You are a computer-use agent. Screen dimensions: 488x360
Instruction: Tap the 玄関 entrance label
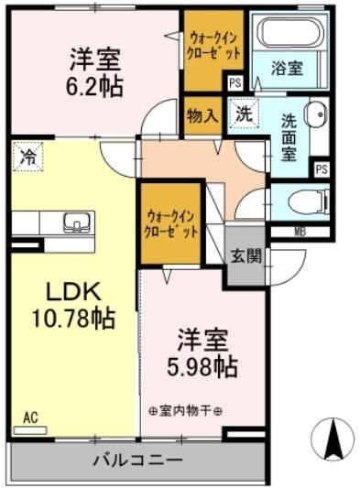(x=246, y=255)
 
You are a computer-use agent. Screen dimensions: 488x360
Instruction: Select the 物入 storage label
(x=202, y=115)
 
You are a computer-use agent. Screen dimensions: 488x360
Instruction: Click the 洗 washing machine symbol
(x=243, y=114)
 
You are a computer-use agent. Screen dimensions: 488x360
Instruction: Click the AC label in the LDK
(x=30, y=418)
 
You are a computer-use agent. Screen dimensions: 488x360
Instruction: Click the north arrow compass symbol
(x=332, y=439)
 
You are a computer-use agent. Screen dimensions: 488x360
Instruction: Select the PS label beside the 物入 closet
(x=235, y=83)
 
